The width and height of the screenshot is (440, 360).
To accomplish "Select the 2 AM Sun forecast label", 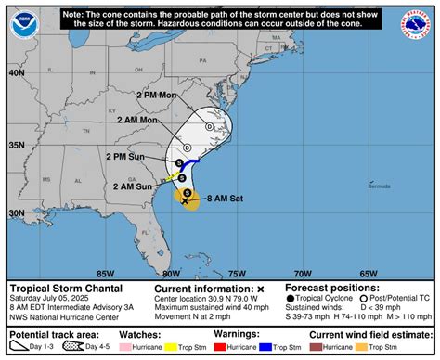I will click(133, 186).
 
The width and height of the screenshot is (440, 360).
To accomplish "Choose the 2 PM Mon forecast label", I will click(156, 96).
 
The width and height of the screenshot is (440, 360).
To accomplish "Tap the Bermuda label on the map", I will click(379, 186).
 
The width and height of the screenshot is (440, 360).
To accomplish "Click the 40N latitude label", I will click(17, 72).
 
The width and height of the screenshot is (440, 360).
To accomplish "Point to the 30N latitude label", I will click(17, 212).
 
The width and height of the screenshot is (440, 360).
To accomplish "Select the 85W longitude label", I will click(105, 273).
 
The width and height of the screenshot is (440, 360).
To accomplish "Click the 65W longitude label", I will click(369, 273).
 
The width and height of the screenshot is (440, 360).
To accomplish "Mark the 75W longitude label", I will click(237, 273).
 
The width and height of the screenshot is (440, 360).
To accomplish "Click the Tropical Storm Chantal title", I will click(57, 289).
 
